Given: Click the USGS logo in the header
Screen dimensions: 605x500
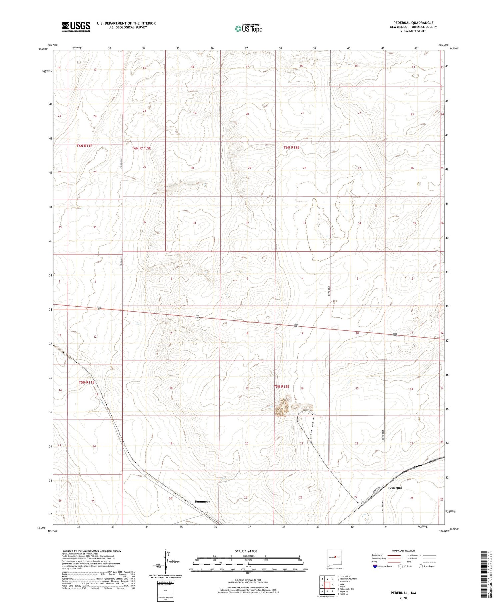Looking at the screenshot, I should click(76, 27).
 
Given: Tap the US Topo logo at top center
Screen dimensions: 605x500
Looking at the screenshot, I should click(248, 29).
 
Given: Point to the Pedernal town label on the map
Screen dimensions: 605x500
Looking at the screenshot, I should click(395, 488).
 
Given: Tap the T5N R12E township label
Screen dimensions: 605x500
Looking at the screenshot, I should click(281, 387).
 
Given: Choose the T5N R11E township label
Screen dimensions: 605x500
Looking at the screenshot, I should click(87, 382).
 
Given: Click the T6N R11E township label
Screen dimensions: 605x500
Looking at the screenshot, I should click(84, 146).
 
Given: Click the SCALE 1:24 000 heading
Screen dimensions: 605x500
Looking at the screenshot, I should click(246, 551).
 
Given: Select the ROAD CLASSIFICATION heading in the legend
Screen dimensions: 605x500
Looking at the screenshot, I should click(403, 551).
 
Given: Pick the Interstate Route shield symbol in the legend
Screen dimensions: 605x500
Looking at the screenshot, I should click(375, 566).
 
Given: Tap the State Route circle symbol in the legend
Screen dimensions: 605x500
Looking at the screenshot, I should click(421, 566).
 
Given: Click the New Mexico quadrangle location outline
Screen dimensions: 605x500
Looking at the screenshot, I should click(334, 558).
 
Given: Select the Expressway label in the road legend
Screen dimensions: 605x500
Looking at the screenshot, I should click(378, 555).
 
